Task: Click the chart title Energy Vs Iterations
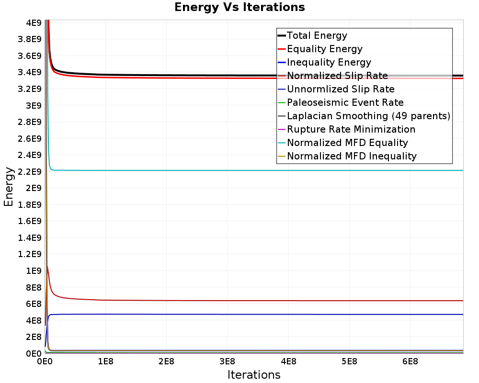point(239,7)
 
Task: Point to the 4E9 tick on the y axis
point(34,23)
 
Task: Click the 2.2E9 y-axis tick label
point(30,172)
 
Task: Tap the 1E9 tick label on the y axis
point(34,271)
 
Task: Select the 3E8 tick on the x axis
point(227,361)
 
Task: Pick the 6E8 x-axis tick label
point(410,361)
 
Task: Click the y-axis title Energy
point(9,187)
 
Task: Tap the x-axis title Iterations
point(254,374)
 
